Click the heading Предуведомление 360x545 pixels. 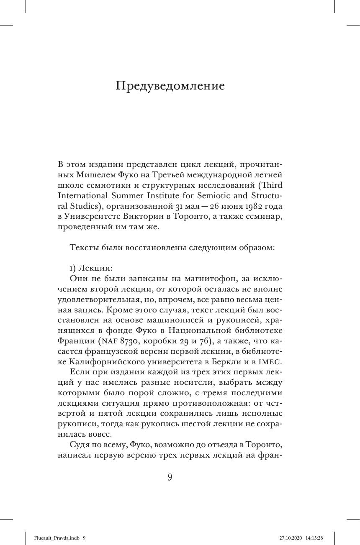point(170,86)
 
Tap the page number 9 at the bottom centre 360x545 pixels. point(170,477)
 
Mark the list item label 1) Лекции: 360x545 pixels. point(89,267)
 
